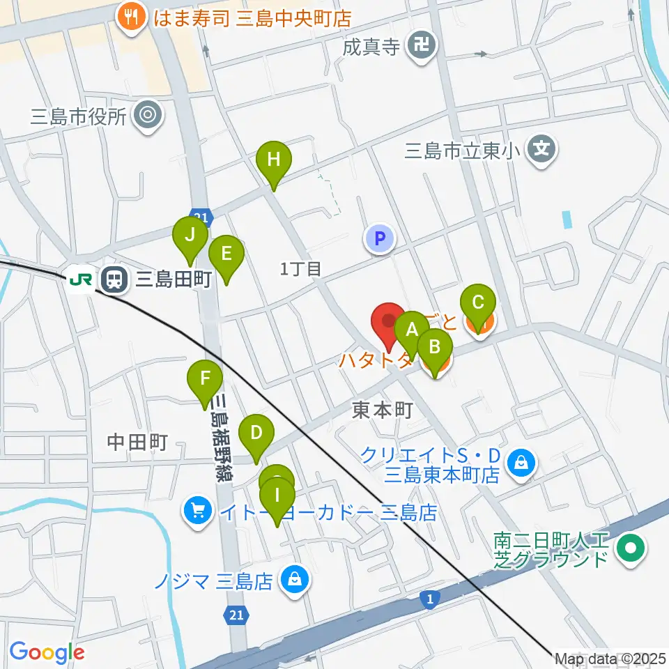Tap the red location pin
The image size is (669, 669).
(x=388, y=322)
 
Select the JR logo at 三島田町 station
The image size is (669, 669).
(x=80, y=279)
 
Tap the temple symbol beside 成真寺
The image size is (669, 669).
(x=422, y=47)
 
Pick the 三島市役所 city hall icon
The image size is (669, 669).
(x=148, y=115)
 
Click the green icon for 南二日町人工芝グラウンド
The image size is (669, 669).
(x=631, y=547)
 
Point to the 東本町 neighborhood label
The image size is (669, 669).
(x=383, y=410)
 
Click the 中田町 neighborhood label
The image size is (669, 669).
(x=137, y=441)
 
